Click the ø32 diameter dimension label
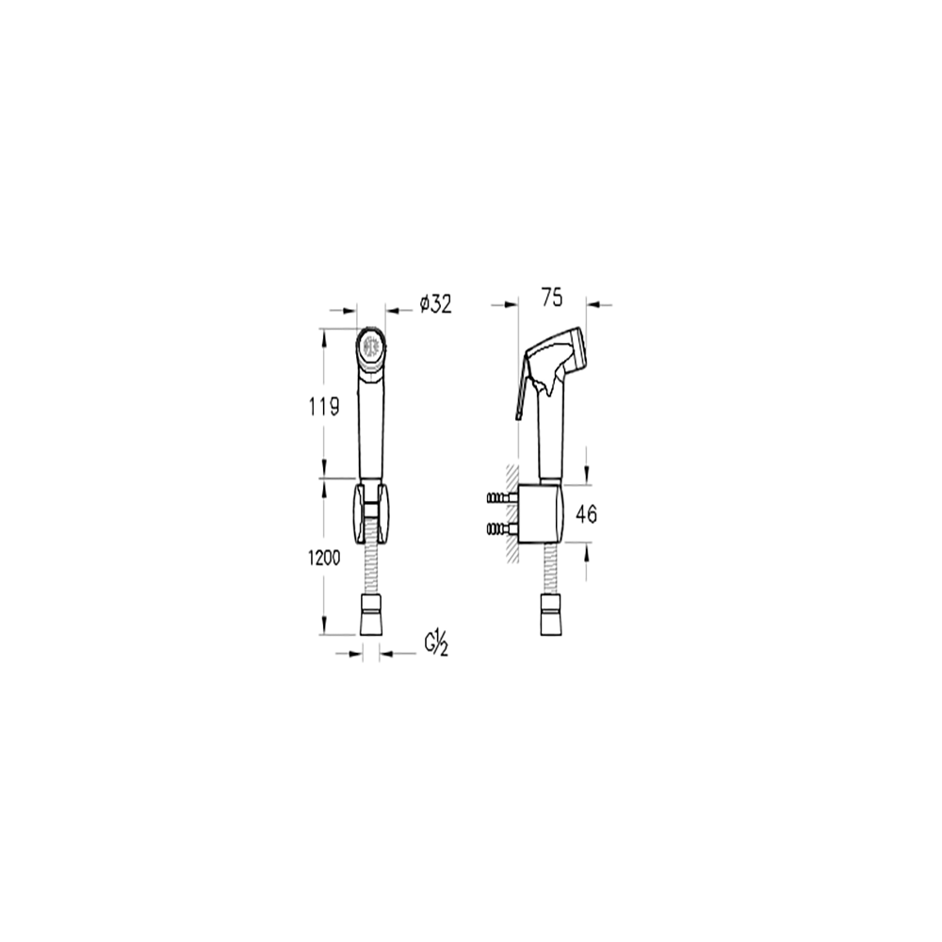point(435,304)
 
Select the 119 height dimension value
point(324,407)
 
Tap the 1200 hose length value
point(324,558)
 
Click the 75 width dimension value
point(552,298)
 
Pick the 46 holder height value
point(586,514)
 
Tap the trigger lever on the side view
point(523,384)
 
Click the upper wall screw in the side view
point(503,498)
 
